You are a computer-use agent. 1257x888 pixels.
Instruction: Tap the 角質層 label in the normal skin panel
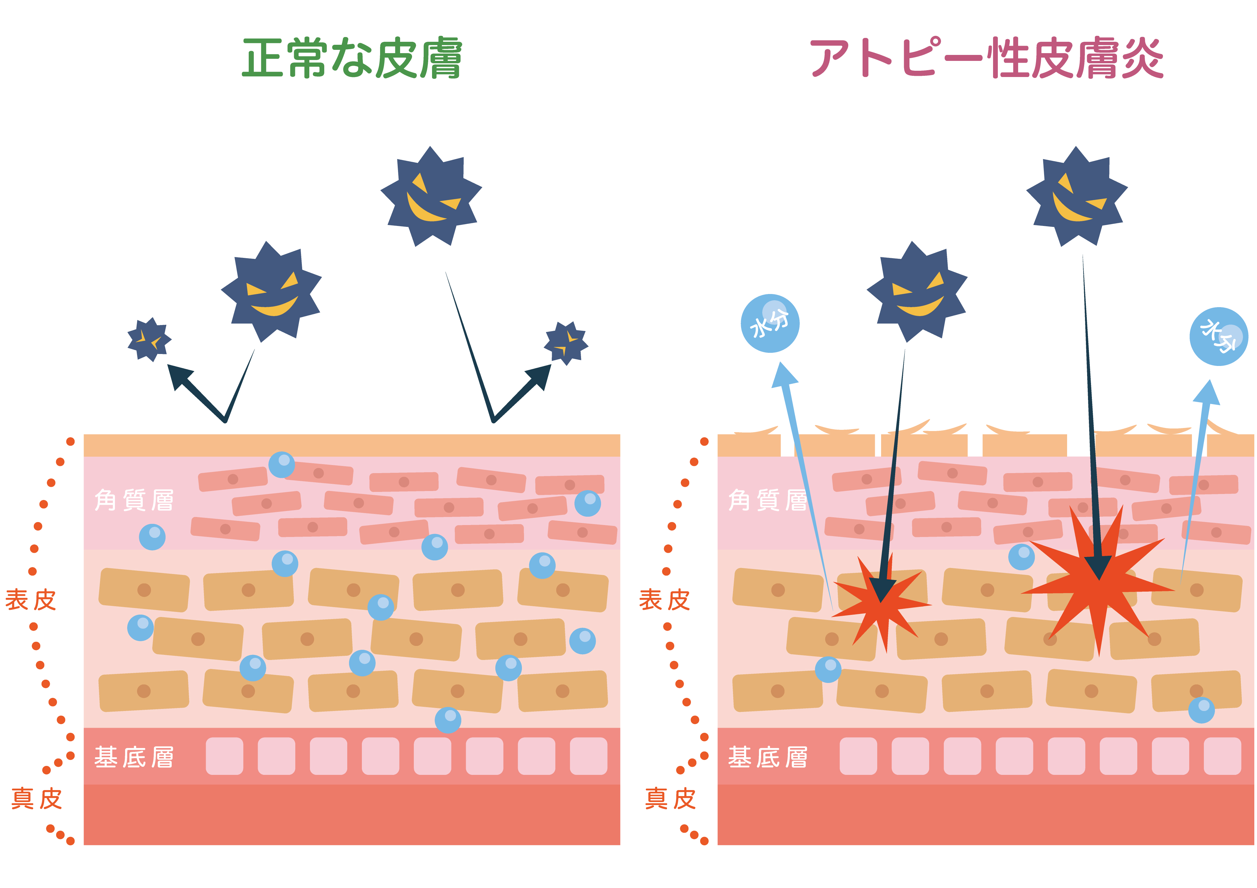[x=134, y=500]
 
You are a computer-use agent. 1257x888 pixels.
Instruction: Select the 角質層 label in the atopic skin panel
[x=768, y=500]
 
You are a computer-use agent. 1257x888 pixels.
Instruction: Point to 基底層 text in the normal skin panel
[x=134, y=758]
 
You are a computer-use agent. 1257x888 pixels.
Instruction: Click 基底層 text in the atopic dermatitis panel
[x=768, y=758]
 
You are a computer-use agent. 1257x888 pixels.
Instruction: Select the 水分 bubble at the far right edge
[x=1219, y=336]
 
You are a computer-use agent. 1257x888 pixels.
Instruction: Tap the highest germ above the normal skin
[x=431, y=196]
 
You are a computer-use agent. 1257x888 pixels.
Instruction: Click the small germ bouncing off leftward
[x=149, y=339]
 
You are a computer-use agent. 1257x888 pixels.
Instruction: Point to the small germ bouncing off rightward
[x=566, y=343]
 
